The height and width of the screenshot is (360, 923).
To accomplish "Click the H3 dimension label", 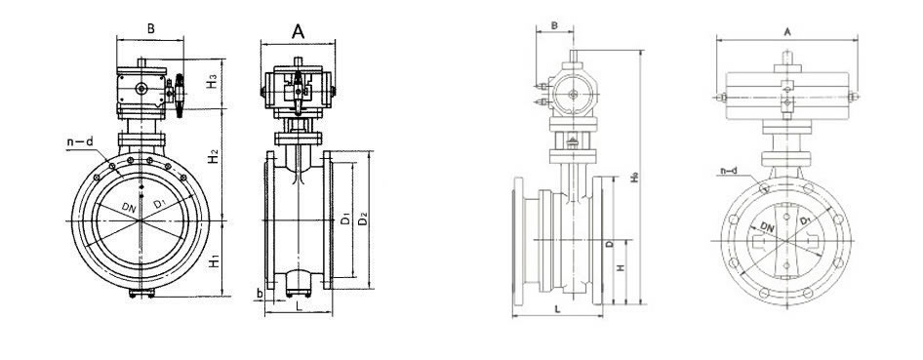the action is [x=213, y=83].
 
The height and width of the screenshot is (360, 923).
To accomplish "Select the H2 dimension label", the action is [x=214, y=156].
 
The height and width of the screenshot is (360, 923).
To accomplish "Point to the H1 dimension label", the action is [x=215, y=261].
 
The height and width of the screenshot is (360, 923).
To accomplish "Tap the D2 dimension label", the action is [x=363, y=219].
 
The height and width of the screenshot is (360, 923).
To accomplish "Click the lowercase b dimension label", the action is [x=259, y=293].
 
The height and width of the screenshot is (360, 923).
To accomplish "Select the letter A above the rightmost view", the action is [x=787, y=32].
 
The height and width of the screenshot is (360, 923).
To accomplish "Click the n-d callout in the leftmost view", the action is [x=80, y=141].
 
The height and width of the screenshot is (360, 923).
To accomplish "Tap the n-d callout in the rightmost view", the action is [x=729, y=171].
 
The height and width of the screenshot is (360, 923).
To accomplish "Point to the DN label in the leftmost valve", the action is [x=129, y=207].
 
